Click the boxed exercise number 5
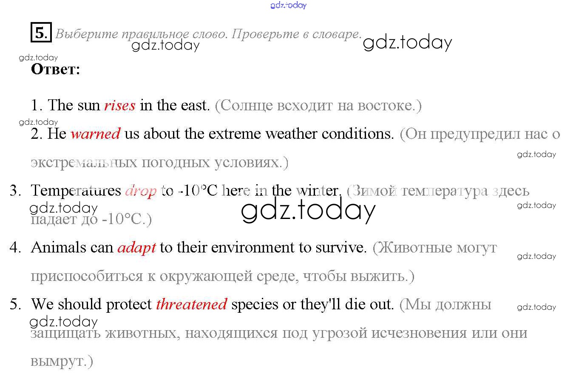tap(41, 32)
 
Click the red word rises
tap(120, 106)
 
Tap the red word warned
tap(95, 134)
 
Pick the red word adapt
tap(136, 248)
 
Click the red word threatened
tap(192, 304)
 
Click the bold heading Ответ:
tap(56, 69)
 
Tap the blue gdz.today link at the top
tap(288, 5)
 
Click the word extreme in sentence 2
tap(235, 134)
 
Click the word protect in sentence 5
tap(129, 305)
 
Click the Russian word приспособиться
tap(87, 277)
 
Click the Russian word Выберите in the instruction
tap(87, 34)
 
